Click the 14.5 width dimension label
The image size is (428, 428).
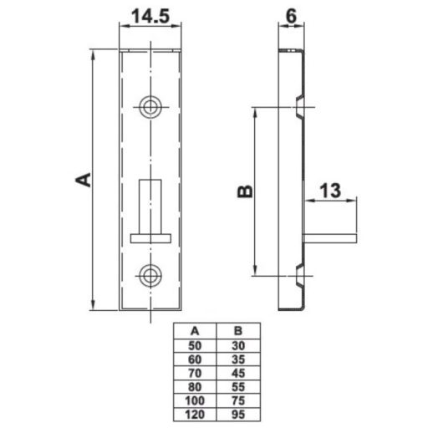[x=150, y=16]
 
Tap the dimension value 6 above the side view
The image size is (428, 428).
[x=291, y=16]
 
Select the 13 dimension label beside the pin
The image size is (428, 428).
[x=330, y=191]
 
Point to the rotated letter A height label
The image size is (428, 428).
[x=84, y=180]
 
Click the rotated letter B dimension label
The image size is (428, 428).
[x=245, y=191]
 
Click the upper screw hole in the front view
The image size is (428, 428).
[x=150, y=107]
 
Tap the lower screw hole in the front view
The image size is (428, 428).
[x=150, y=276]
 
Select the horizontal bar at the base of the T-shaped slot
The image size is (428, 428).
[x=150, y=238]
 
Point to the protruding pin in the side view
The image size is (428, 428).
[x=330, y=238]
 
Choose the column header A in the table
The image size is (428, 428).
[x=195, y=331]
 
